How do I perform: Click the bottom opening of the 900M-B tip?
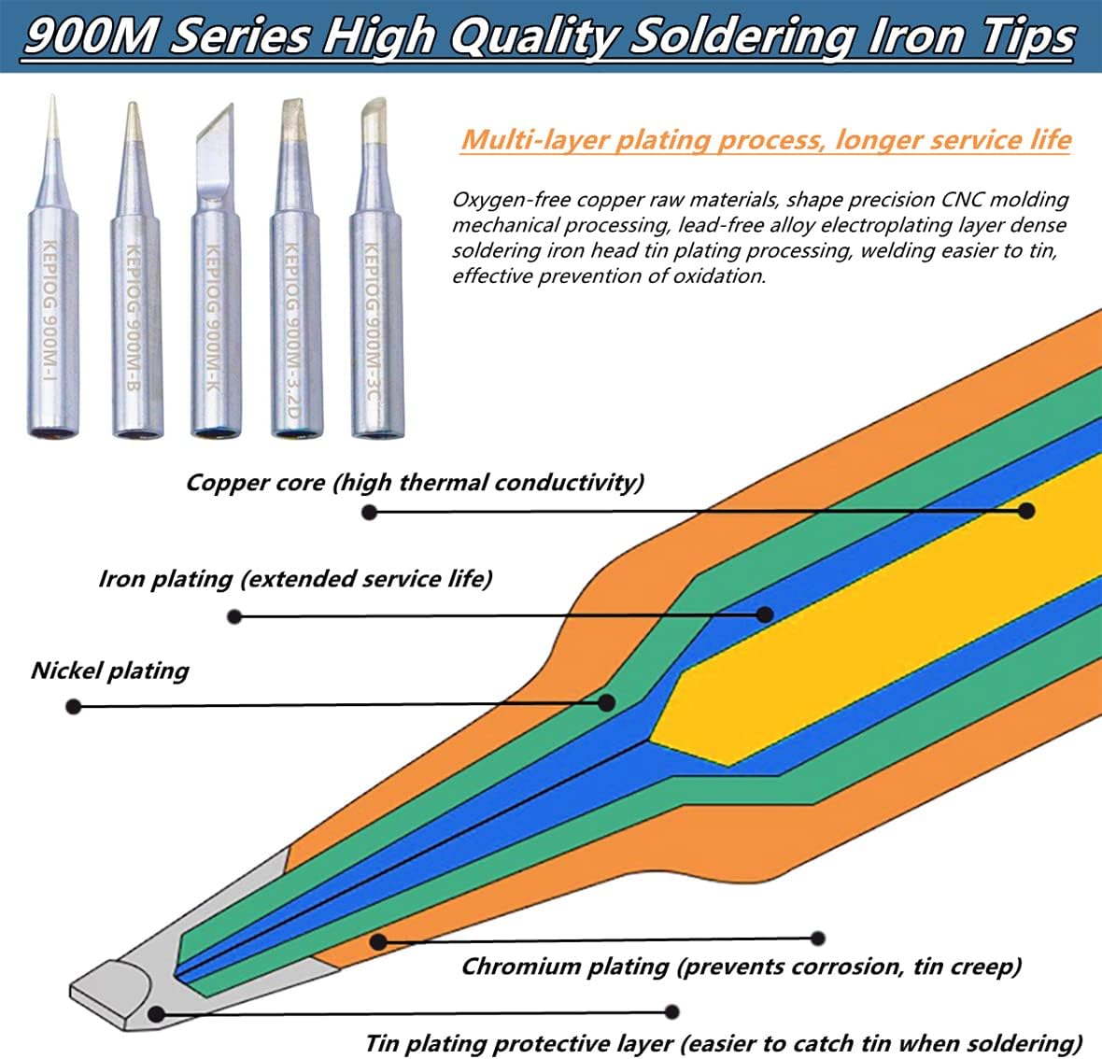tap(137, 430)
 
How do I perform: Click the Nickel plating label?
tap(109, 671)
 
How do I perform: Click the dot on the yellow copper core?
tap(1026, 511)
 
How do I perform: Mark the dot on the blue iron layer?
tap(765, 614)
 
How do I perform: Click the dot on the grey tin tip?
tap(157, 1013)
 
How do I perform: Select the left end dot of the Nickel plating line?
tap(74, 707)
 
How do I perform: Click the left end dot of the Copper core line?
tap(370, 512)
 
